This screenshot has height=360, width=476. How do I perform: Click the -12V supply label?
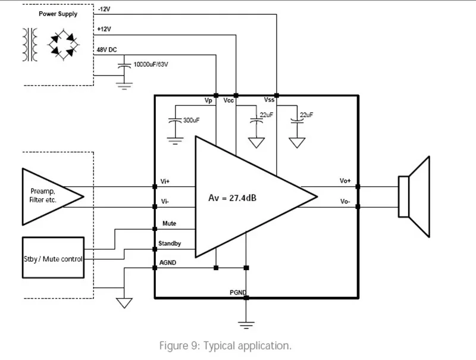(104, 9)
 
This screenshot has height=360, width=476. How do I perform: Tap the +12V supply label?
(104, 29)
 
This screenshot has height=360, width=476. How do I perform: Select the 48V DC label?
(107, 50)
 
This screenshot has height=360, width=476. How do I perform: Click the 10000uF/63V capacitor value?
(151, 64)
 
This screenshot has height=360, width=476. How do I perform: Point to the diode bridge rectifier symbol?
(63, 45)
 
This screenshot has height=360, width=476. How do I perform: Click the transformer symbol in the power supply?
(30, 45)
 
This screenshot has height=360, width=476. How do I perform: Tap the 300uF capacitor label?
(191, 120)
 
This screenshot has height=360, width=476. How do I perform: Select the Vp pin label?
(208, 101)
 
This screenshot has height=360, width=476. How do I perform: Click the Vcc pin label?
(228, 101)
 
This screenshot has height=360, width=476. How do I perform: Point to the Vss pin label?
(269, 100)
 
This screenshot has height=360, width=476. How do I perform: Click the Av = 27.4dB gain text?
(232, 198)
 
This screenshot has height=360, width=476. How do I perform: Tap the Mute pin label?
(169, 223)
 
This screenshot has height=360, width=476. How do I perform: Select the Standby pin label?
(170, 243)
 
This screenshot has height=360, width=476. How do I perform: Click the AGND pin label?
(168, 262)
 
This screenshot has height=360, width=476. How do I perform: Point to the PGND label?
(237, 292)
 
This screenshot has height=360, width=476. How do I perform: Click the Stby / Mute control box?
(53, 258)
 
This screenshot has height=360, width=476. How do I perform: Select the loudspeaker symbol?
(414, 197)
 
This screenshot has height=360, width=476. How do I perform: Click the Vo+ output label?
(345, 181)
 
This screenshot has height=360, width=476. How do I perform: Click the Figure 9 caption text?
(226, 346)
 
